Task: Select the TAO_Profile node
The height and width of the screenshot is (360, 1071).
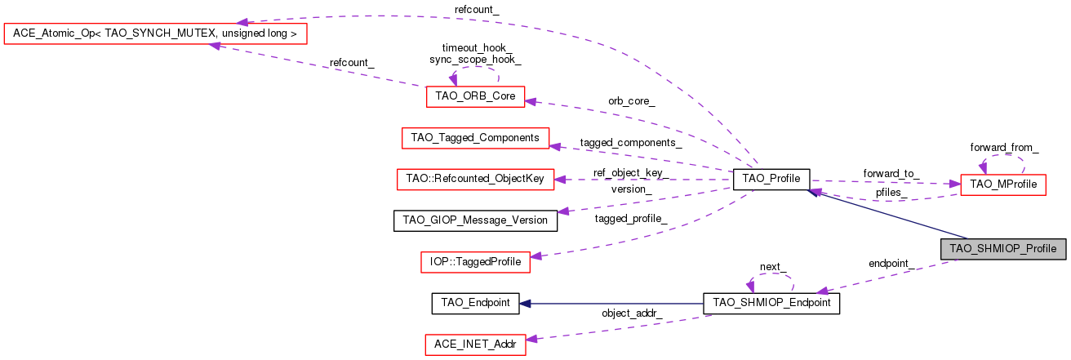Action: click(x=771, y=179)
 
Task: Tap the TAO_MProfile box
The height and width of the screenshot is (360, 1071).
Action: click(x=1002, y=184)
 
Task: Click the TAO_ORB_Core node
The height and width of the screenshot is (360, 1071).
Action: click(x=475, y=96)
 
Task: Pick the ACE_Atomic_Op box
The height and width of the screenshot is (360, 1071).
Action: click(x=155, y=34)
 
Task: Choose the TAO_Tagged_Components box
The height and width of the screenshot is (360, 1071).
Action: click(x=475, y=138)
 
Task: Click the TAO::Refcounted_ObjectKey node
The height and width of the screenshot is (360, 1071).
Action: click(x=475, y=179)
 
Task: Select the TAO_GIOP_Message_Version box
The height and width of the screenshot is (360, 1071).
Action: click(x=475, y=220)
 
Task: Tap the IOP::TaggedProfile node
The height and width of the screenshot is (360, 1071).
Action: click(x=475, y=262)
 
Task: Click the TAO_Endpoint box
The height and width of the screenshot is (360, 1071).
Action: click(x=475, y=303)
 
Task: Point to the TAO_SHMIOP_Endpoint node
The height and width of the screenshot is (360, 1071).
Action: click(x=771, y=303)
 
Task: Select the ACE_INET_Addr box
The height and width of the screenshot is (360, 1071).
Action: click(x=475, y=344)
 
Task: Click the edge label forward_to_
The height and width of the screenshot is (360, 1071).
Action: click(x=891, y=173)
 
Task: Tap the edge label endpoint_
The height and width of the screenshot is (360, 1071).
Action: click(x=891, y=264)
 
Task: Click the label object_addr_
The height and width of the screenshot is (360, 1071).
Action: click(x=632, y=313)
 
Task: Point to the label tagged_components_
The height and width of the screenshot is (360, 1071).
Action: click(x=631, y=142)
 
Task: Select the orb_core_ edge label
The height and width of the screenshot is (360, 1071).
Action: click(x=631, y=101)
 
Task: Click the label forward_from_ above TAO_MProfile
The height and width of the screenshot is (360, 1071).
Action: click(x=1004, y=148)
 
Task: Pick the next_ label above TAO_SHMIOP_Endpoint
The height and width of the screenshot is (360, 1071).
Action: click(x=771, y=267)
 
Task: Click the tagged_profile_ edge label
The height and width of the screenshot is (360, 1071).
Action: click(x=631, y=218)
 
